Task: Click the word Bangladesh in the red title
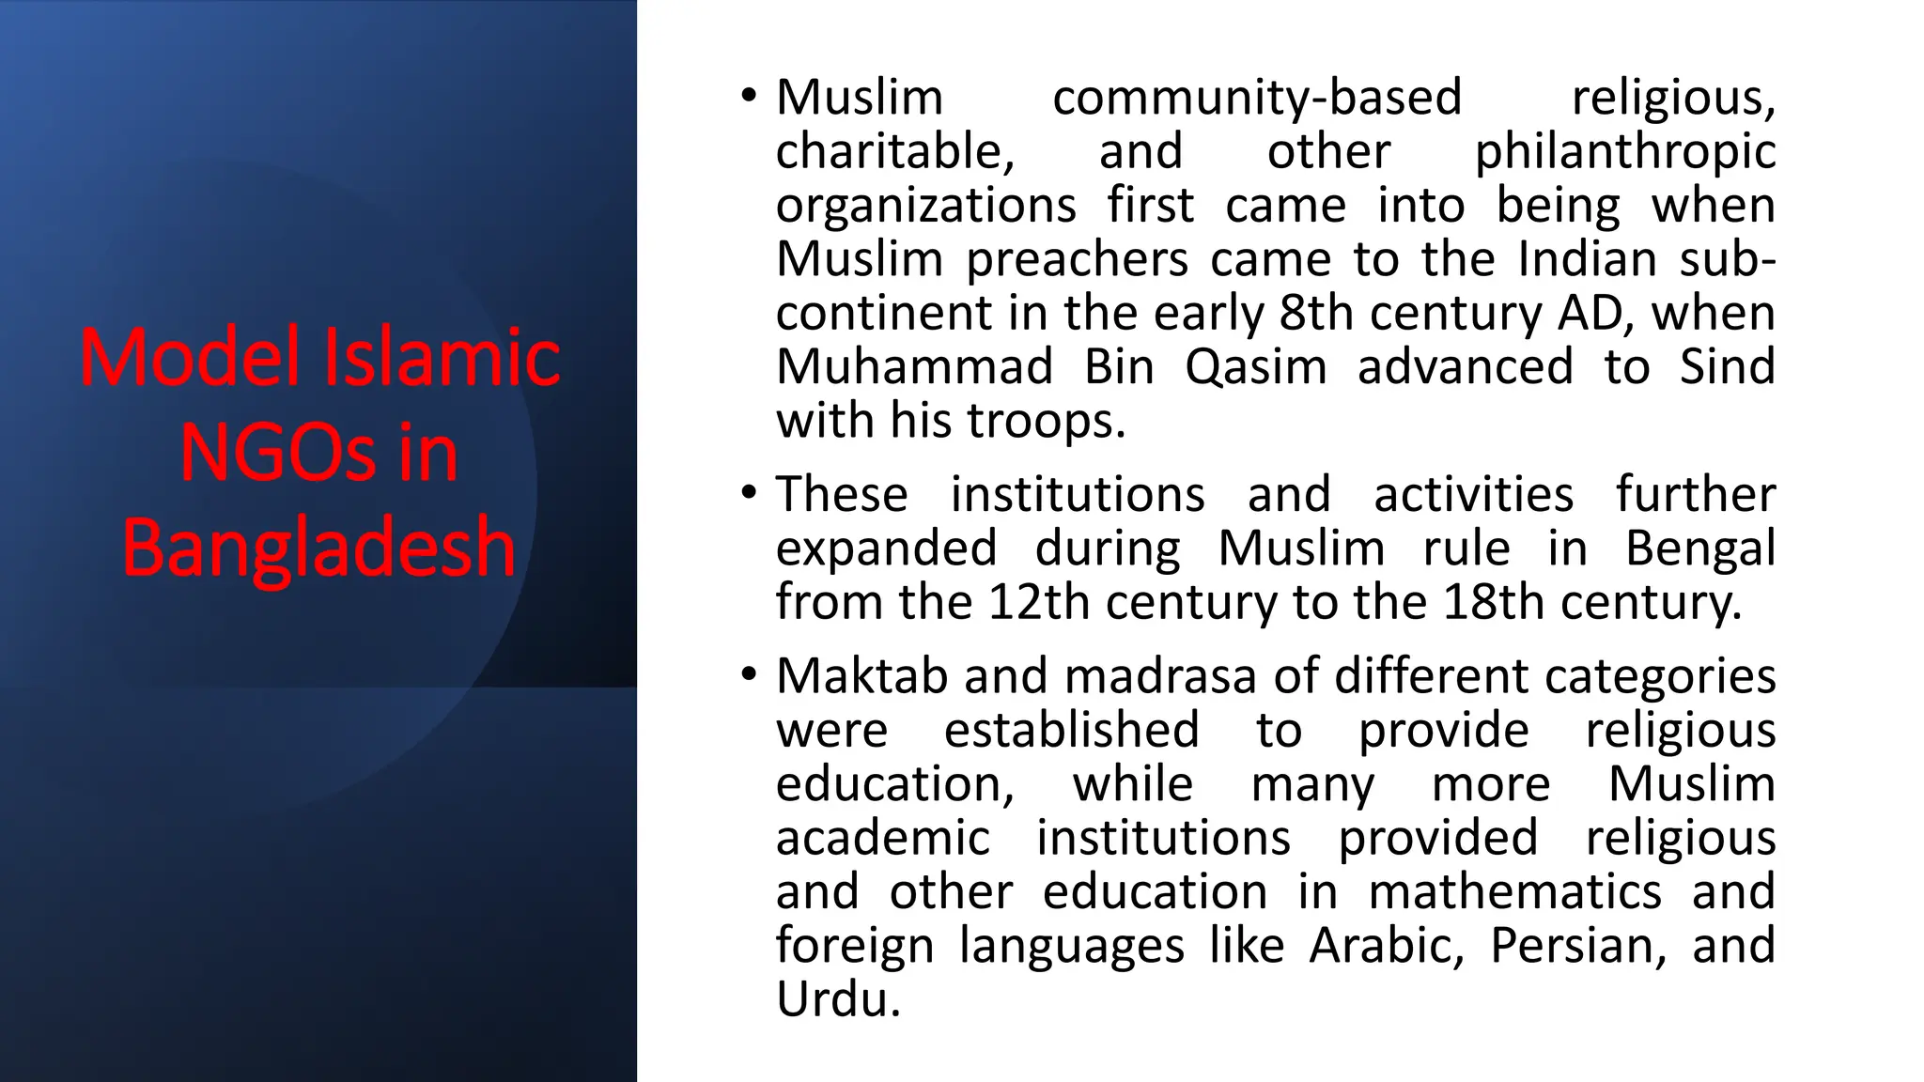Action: (318, 548)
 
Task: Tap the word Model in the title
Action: (189, 358)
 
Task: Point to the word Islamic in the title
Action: (442, 358)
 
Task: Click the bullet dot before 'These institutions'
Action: (748, 493)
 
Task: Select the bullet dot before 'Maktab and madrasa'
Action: (748, 674)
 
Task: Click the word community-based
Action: (1257, 98)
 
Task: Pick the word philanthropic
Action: (1624, 152)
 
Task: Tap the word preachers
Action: (1078, 259)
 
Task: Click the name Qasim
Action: (1255, 367)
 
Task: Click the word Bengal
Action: (1700, 549)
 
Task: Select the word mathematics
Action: (1514, 892)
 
